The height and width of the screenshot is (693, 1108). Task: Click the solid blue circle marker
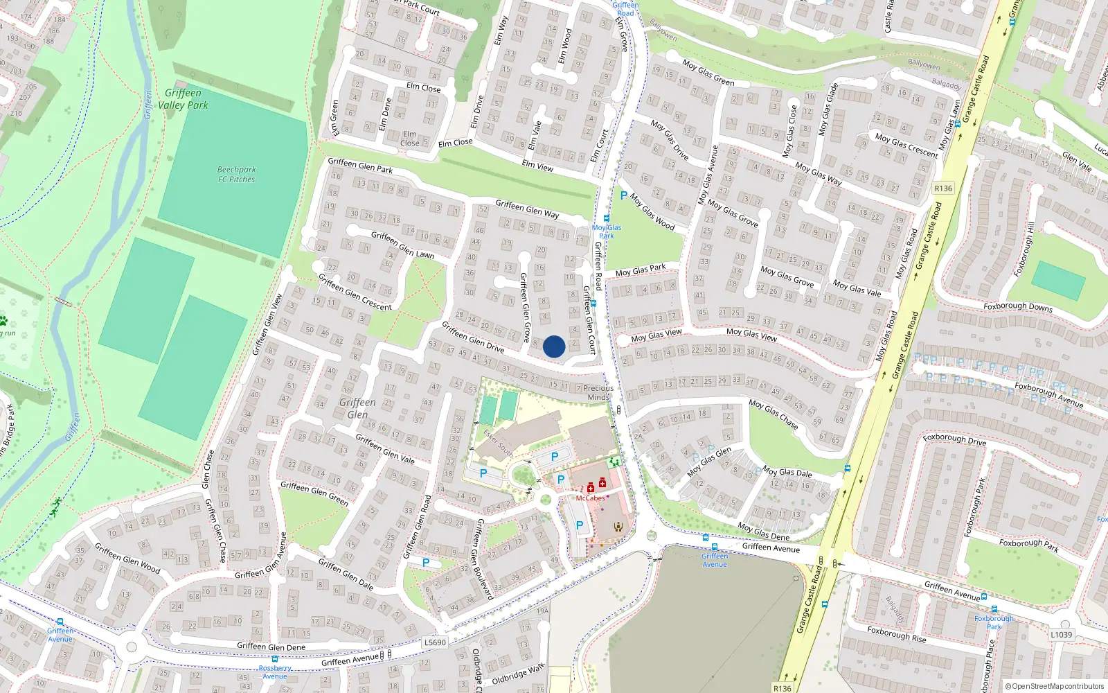pos(554,346)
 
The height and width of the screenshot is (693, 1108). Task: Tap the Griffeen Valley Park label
pos(183,99)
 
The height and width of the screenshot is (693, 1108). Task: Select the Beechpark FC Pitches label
pos(236,175)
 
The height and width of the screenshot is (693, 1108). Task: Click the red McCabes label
pos(590,498)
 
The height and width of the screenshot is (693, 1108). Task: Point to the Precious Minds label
pos(598,393)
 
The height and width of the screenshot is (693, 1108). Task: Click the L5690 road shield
pos(435,642)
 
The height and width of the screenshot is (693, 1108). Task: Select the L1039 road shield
pos(1061,634)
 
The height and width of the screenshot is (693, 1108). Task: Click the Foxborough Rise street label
pos(896,634)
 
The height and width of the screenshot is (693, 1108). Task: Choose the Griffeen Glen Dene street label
pos(271,647)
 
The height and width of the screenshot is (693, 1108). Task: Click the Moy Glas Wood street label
pos(652,212)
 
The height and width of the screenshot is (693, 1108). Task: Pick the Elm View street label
pos(537,166)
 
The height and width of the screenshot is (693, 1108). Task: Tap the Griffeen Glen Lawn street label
pos(402,245)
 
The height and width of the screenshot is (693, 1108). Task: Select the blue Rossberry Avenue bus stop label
pos(275,672)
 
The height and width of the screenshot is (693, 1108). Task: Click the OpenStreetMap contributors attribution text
pos(1055,687)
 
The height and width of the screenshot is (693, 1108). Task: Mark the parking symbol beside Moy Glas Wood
pos(623,196)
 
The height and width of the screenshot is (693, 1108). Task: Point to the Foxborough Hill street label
pos(1024,249)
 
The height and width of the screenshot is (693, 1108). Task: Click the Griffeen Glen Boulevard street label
pos(484,559)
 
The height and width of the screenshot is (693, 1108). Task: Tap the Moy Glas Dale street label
pos(787,472)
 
